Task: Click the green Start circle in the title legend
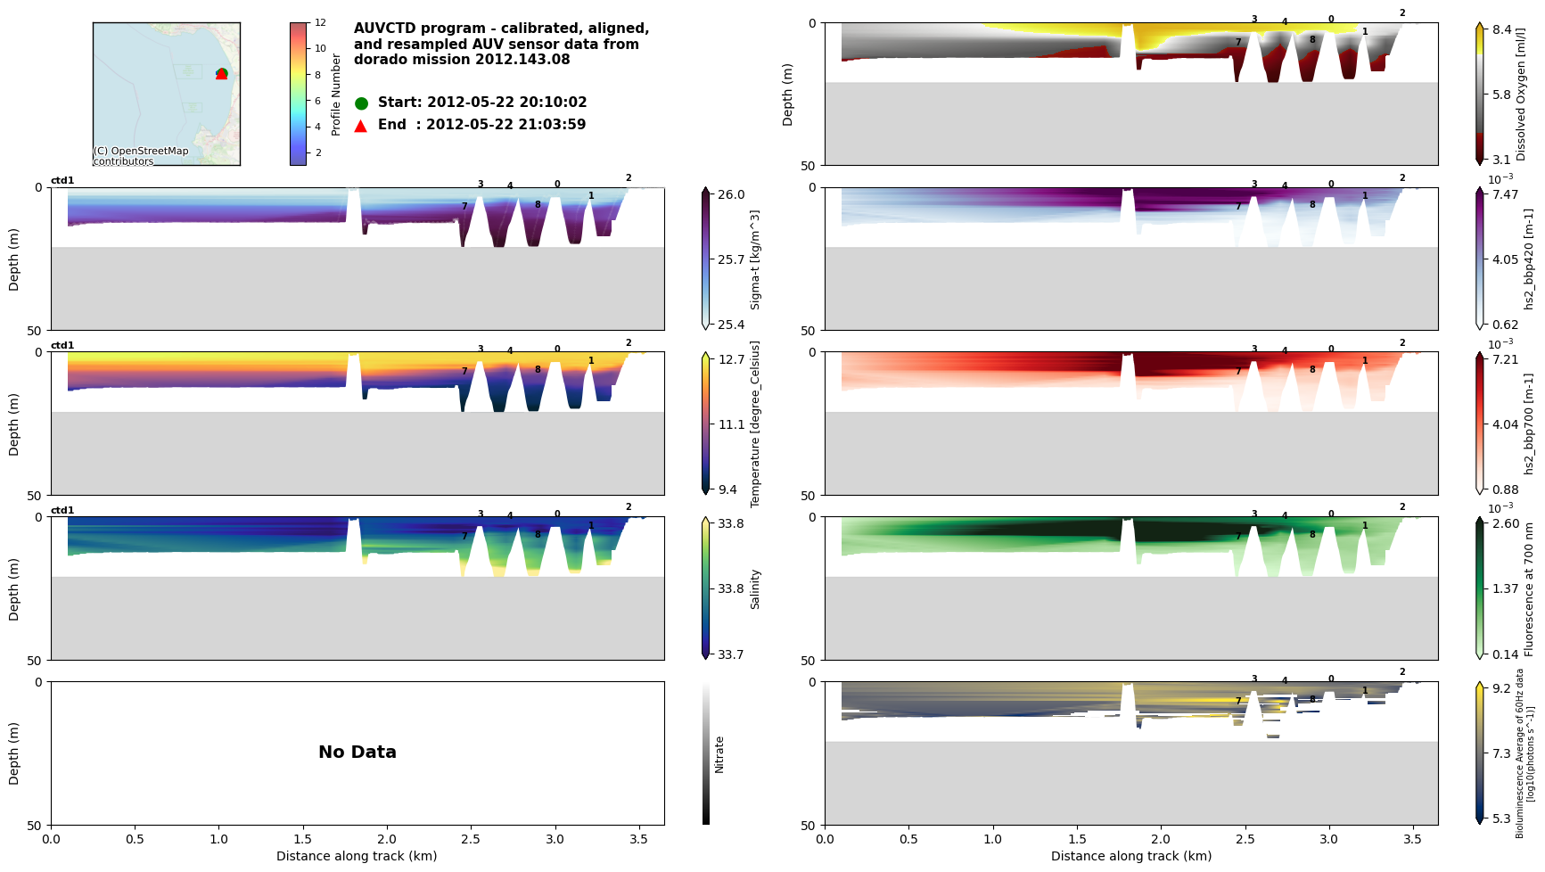coord(361,103)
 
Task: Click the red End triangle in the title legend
coord(361,126)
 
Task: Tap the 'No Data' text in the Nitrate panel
coord(357,753)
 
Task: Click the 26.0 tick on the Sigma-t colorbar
coord(731,194)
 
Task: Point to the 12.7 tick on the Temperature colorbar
coord(731,359)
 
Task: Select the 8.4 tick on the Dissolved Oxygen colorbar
coord(1502,29)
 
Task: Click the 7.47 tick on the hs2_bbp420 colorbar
coord(1505,194)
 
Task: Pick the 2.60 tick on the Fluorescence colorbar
coord(1505,523)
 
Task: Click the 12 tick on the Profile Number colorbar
coord(320,22)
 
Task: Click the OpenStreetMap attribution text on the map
coord(141,156)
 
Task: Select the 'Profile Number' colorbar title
coord(336,94)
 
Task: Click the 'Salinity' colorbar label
coord(755,588)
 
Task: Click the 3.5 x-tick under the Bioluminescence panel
coord(1412,839)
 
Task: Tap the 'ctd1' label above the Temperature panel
coord(62,346)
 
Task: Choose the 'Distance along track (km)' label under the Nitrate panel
coord(357,856)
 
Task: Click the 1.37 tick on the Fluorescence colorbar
coord(1505,588)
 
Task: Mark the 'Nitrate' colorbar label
coord(719,753)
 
